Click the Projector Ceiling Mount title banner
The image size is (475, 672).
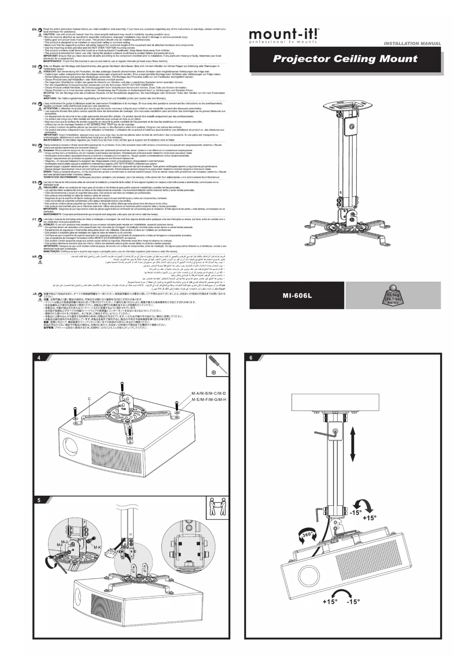(x=345, y=59)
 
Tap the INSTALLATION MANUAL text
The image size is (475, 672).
(x=412, y=44)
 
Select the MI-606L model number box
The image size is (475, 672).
(x=297, y=295)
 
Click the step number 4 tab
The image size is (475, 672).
(x=39, y=358)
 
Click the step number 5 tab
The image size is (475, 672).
(x=39, y=500)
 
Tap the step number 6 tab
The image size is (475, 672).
(x=251, y=358)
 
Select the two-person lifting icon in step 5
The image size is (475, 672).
(x=217, y=507)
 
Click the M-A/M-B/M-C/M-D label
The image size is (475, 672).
(x=209, y=393)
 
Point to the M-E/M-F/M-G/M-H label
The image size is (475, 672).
(x=209, y=400)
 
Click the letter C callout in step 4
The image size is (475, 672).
(x=89, y=399)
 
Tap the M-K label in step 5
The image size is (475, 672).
(x=97, y=547)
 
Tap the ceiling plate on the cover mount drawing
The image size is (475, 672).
(x=348, y=104)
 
